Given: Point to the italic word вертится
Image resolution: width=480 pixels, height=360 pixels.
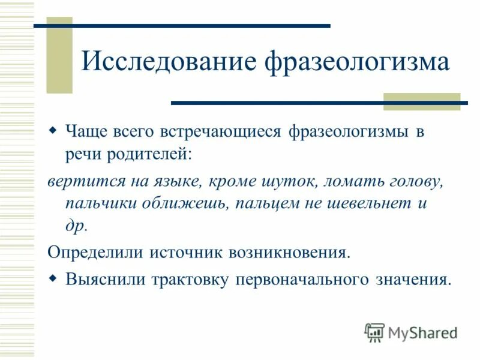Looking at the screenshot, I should (78, 181).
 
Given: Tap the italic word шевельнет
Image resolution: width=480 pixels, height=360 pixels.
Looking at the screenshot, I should (356, 203).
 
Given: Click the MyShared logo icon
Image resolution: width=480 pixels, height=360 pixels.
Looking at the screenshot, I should (374, 332).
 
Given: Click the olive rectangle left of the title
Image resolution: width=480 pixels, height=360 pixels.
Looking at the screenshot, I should (59, 56).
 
